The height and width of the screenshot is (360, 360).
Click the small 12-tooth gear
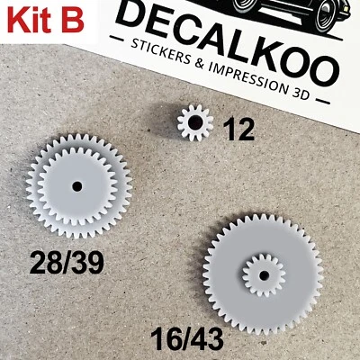[193, 121]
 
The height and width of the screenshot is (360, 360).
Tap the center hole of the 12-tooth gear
[193, 121]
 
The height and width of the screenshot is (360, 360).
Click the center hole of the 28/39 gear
[78, 187]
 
